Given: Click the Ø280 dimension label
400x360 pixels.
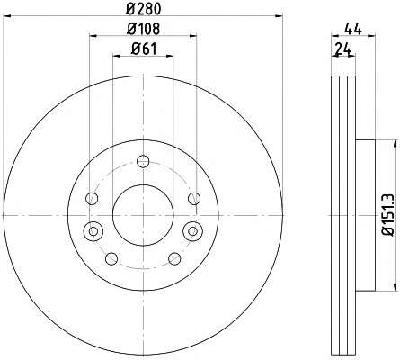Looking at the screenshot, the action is (143, 9).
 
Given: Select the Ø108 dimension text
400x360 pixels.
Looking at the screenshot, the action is (143, 29).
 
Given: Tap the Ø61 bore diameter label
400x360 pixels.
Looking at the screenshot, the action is (144, 49).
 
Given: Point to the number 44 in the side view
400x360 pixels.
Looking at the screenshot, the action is (353, 30).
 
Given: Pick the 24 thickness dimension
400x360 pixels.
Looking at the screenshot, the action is (342, 49).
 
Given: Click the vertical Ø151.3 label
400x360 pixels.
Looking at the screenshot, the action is (389, 214).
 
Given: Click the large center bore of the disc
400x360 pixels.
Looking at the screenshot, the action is (143, 215).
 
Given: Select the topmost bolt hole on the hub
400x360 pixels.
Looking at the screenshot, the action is (143, 161).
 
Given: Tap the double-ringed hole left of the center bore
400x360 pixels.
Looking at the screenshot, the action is (93, 231).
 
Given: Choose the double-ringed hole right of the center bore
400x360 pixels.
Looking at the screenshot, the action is (193, 231).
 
